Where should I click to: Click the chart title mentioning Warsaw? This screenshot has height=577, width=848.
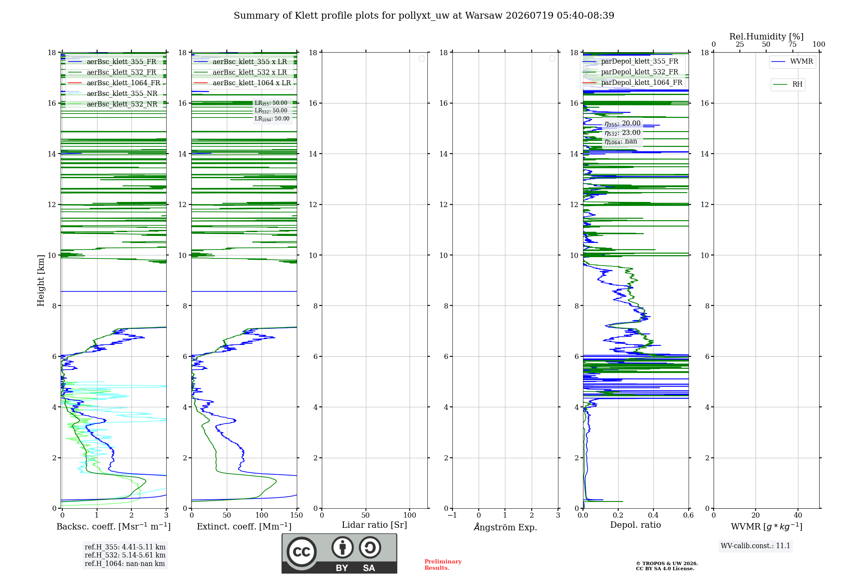click(424, 16)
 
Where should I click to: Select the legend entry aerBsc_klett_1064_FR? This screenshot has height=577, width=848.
click(114, 83)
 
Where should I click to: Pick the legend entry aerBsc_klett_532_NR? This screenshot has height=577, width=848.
click(112, 104)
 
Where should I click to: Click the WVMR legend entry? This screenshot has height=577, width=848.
click(792, 62)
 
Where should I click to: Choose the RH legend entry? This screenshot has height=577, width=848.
click(788, 84)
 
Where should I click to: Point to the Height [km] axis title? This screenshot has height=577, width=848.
click(41, 280)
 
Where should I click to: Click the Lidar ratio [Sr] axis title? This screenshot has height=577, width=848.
click(374, 525)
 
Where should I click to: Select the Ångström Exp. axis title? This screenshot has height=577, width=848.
click(505, 527)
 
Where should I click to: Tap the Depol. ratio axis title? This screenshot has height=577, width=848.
click(636, 525)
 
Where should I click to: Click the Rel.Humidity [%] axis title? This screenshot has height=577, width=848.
click(767, 36)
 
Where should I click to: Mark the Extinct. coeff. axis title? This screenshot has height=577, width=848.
click(244, 527)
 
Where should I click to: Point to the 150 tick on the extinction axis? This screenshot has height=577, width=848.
click(297, 515)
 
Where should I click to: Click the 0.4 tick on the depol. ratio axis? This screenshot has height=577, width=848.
click(653, 515)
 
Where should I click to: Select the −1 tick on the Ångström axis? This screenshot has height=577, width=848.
click(452, 515)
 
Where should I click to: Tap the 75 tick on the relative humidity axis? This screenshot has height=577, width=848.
click(792, 45)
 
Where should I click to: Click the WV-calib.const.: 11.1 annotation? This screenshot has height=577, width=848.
click(756, 546)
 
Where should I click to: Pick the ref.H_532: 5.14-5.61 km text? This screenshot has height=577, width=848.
click(125, 555)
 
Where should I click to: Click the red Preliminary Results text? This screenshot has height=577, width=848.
click(443, 565)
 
